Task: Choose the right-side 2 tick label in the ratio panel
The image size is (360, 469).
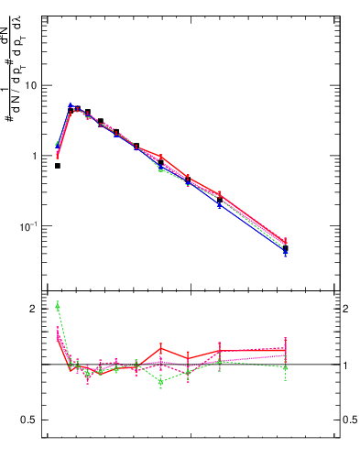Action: click(x=346, y=309)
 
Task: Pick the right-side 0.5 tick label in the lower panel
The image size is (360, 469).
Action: click(x=351, y=420)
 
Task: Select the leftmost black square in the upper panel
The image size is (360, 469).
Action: click(x=58, y=166)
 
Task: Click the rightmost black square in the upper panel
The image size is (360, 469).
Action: click(x=286, y=248)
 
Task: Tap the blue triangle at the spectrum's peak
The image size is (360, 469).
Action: click(x=71, y=105)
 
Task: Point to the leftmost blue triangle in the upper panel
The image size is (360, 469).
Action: click(x=58, y=145)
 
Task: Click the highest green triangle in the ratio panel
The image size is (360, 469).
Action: click(x=58, y=305)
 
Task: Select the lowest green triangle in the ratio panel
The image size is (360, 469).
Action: click(x=161, y=381)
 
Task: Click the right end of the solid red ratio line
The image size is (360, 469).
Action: click(x=286, y=350)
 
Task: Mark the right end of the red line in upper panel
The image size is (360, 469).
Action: click(x=286, y=242)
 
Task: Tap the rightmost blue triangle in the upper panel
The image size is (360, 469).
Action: click(x=286, y=252)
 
